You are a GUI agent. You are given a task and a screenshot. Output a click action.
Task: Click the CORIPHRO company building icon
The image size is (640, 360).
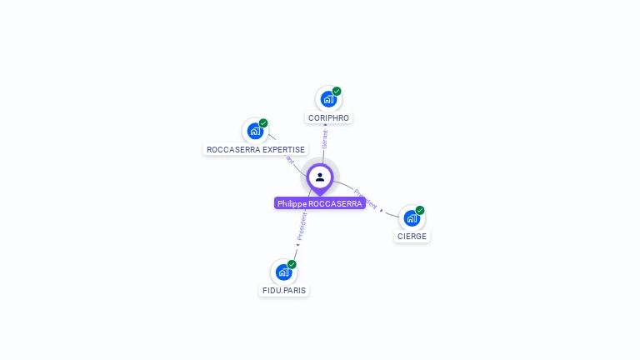[x=327, y=99]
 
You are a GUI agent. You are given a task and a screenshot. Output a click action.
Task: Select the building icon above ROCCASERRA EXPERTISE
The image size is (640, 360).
[x=254, y=131]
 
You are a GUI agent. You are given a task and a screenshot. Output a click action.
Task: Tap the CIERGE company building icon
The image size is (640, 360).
[x=411, y=218]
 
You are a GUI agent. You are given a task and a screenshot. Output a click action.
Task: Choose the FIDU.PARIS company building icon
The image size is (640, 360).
[x=283, y=272]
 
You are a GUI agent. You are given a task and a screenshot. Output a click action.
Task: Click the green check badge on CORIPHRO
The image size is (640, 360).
[x=337, y=91]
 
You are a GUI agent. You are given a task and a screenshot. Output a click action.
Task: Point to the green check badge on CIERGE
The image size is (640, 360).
[x=420, y=210]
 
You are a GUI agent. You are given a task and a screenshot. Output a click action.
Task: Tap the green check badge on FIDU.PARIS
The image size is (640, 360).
[x=292, y=264]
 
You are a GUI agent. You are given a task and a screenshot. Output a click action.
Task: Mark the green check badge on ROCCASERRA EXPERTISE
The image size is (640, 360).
[x=263, y=122]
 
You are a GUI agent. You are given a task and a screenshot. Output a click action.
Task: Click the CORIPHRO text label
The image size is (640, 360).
[x=328, y=118]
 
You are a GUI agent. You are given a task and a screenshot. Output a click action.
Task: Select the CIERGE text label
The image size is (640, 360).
[x=412, y=237]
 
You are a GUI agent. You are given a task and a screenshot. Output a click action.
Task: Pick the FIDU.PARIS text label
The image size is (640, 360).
[x=283, y=291]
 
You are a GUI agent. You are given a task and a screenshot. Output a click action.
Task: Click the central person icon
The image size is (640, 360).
[x=320, y=177]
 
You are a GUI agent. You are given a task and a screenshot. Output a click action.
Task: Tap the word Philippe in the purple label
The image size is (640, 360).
[x=292, y=203]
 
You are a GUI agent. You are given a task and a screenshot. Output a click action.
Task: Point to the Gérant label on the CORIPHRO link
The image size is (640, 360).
[x=325, y=138]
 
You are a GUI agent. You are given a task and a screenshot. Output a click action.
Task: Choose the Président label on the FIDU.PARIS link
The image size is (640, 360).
[x=302, y=226]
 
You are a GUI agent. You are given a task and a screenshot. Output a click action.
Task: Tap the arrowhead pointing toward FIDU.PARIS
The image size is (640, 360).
[x=297, y=245]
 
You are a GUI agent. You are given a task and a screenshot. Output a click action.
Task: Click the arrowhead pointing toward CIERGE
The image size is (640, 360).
[x=382, y=210]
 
